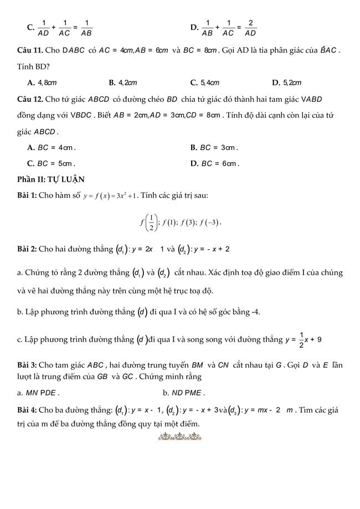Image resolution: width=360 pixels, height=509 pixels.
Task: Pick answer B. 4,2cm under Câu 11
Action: [x=123, y=83]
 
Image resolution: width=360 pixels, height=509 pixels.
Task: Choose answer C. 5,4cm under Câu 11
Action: [x=204, y=83]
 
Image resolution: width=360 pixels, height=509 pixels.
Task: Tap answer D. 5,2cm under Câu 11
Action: [x=286, y=83]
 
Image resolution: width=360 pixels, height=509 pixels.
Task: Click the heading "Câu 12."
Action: [x=29, y=99]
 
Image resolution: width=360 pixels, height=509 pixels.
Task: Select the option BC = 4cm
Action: [x=51, y=148]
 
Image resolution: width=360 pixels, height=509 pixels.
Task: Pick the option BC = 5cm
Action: [x=51, y=163]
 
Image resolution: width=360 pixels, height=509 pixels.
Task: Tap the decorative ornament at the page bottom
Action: [x=179, y=440]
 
